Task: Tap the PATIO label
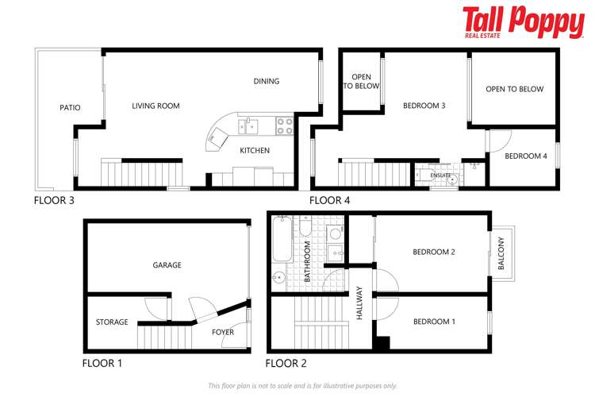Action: point(71,108)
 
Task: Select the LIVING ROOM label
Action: point(155,106)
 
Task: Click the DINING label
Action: point(267,81)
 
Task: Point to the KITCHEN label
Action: point(255,150)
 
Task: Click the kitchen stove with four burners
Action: point(284,125)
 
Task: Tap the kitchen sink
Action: point(251,125)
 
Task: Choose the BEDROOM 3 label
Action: point(424,106)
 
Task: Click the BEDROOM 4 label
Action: point(526,156)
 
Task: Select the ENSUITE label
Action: point(441,175)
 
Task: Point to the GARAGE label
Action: point(167,265)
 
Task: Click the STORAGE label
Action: point(112,322)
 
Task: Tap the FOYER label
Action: point(223,332)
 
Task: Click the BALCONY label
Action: point(501,254)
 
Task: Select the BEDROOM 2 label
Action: point(433,252)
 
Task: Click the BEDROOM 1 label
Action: point(434,322)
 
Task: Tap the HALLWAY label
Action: point(359,303)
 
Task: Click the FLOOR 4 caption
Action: point(329,200)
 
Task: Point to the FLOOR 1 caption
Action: point(102,364)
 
